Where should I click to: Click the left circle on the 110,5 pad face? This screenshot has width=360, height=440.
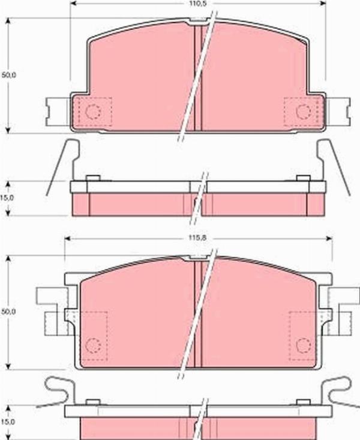pyautogui.click(x=92, y=111)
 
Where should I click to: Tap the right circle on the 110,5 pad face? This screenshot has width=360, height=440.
pyautogui.click(x=303, y=111)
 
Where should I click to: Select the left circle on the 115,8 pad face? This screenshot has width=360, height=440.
pyautogui.click(x=92, y=345)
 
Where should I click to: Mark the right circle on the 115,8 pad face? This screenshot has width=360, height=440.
pyautogui.click(x=303, y=345)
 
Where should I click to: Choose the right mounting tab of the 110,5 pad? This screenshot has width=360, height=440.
pyautogui.click(x=337, y=111)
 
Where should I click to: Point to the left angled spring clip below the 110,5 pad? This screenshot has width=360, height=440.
pyautogui.click(x=62, y=165)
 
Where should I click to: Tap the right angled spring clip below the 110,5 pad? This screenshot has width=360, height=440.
pyautogui.click(x=335, y=165)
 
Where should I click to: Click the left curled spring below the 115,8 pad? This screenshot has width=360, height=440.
pyautogui.click(x=57, y=390)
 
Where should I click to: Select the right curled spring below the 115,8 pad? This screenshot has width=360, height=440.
pyautogui.click(x=337, y=390)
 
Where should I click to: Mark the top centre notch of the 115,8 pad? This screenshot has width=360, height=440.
pyautogui.click(x=199, y=258)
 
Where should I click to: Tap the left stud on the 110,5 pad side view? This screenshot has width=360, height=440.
pyautogui.click(x=92, y=178)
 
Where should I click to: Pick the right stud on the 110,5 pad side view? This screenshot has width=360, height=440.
pyautogui.click(x=304, y=178)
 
